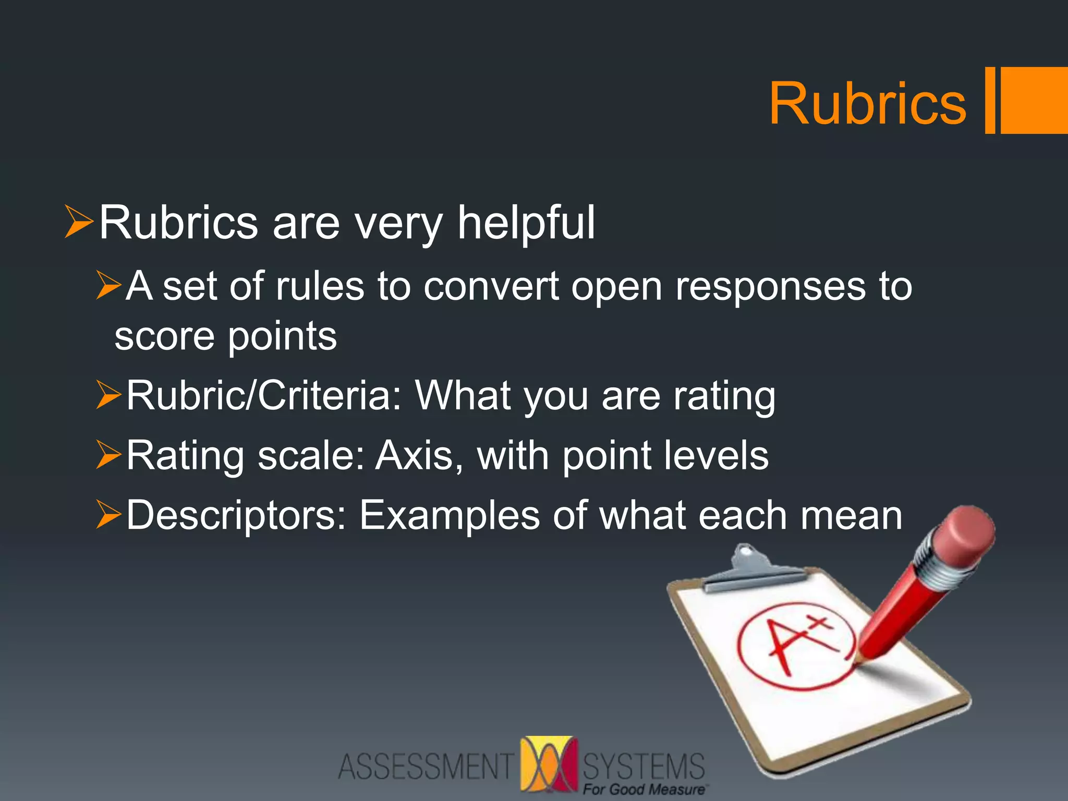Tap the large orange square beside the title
(x=1034, y=100)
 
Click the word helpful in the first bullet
(x=526, y=223)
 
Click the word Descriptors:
(x=236, y=515)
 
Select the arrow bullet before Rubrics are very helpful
(x=79, y=222)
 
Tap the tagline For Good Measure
(x=644, y=790)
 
